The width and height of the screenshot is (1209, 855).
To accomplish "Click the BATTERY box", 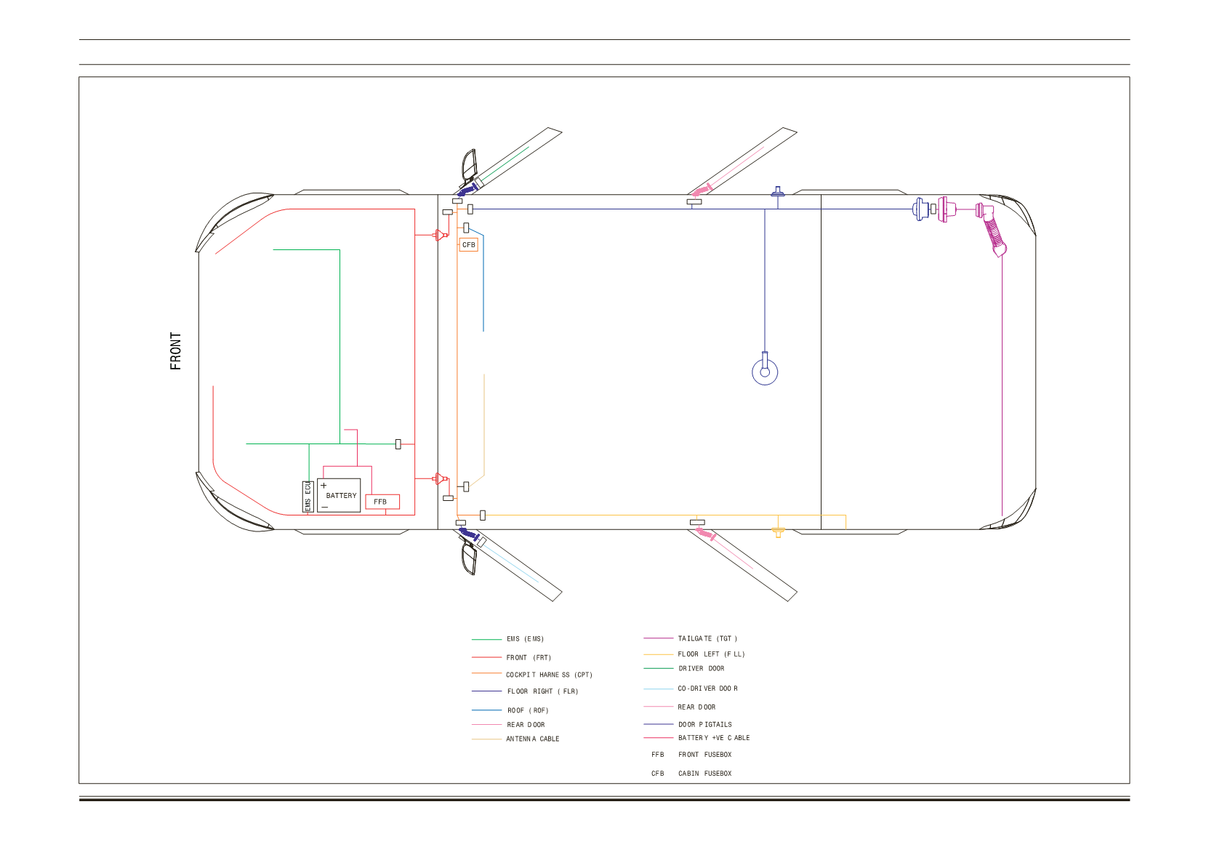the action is coord(339,496).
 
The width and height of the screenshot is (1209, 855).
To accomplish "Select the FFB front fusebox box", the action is coord(382,502).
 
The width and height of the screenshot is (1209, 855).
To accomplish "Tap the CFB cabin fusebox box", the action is coord(468,244).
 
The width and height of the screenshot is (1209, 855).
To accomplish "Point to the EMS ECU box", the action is coord(308,497).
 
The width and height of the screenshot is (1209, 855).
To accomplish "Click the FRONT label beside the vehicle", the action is coord(175,351).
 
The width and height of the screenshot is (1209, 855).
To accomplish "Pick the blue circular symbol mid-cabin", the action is coord(765,372).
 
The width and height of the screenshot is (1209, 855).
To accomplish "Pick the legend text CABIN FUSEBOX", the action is coord(705,774).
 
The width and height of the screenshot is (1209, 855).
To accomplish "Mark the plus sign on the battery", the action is coord(324,486).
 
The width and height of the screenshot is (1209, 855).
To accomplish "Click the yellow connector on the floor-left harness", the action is coord(778,532).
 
